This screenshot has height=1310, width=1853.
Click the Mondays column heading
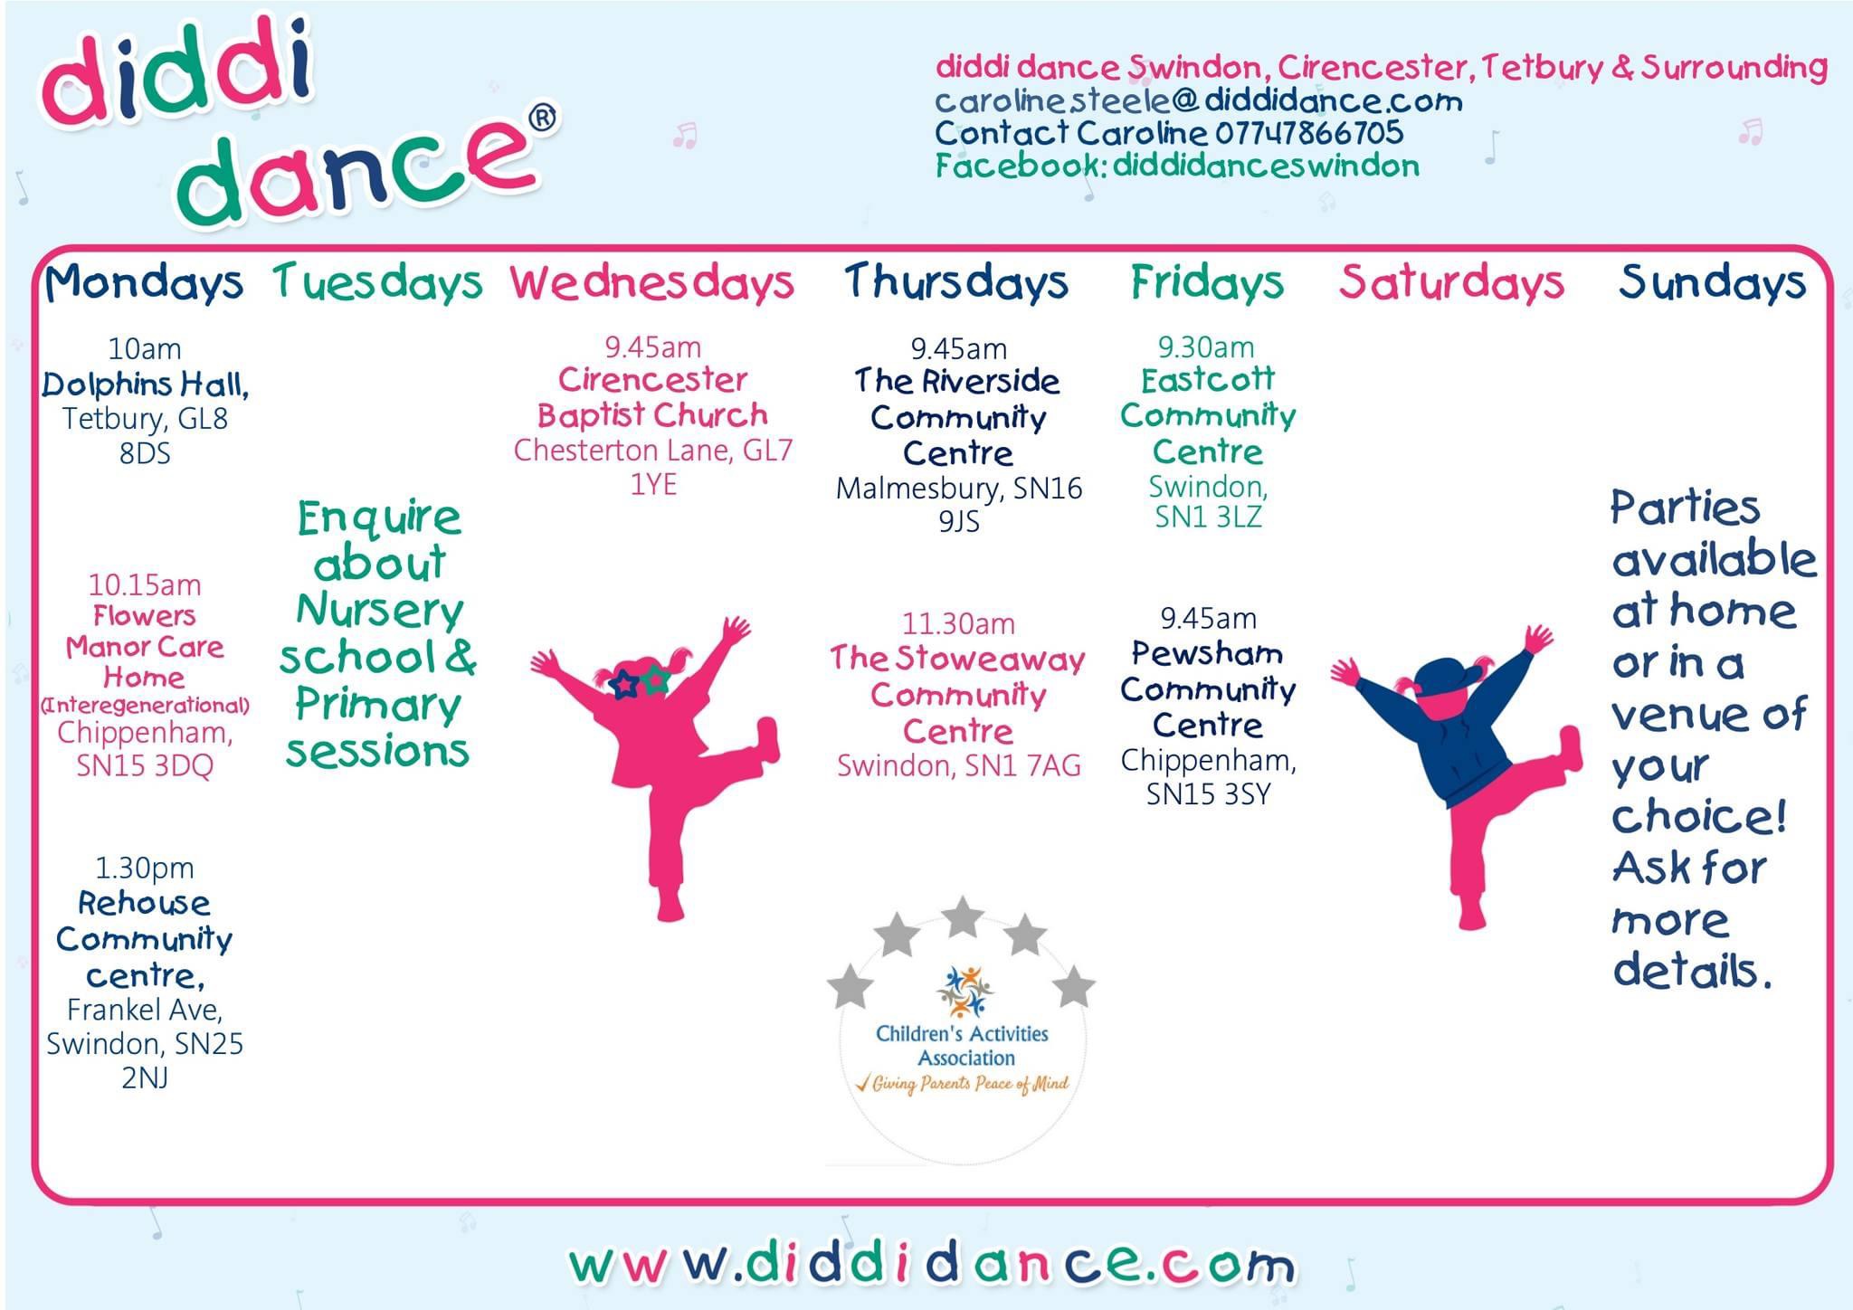click(145, 283)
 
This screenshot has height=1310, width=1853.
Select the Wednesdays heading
click(652, 283)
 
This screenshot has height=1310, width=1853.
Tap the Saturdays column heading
click(1451, 283)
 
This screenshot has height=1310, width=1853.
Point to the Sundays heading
click(1712, 283)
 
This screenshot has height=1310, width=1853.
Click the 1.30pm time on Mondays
click(145, 869)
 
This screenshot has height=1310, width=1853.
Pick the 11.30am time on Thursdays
click(958, 623)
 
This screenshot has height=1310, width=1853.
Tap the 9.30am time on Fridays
click(1207, 346)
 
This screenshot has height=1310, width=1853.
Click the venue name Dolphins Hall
click(145, 385)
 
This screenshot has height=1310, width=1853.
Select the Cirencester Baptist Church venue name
click(652, 397)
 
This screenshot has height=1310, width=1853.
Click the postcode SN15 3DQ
click(145, 766)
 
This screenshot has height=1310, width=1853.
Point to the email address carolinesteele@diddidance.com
click(1199, 100)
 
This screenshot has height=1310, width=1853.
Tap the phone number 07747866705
click(1309, 133)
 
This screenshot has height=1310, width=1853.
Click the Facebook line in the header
click(1177, 166)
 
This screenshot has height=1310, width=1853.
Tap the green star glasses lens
click(656, 679)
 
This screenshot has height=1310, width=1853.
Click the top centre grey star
click(962, 916)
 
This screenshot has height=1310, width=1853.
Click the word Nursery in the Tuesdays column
click(380, 611)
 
